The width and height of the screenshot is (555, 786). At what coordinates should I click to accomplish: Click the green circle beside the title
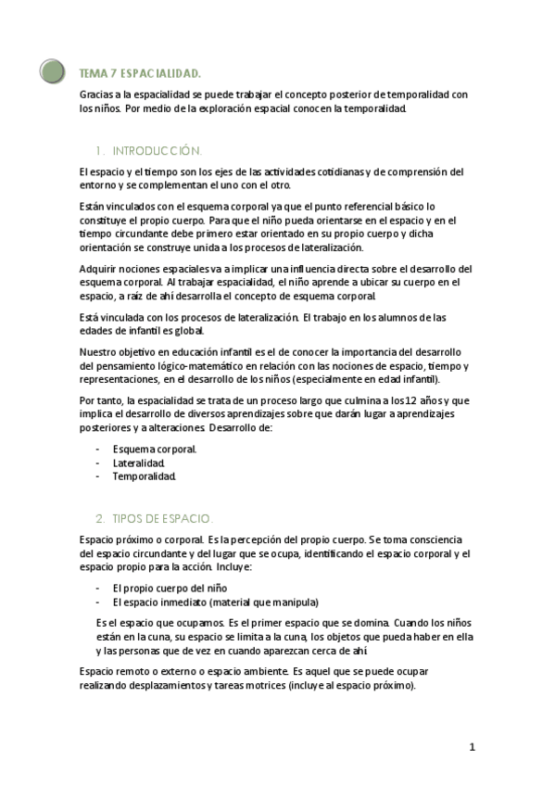coord(53,70)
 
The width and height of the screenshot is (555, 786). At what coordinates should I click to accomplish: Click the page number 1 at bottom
coord(472,747)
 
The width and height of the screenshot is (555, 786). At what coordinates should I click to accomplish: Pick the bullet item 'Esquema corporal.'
coord(155,449)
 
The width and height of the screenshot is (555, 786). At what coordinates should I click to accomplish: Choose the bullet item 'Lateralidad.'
coord(139,463)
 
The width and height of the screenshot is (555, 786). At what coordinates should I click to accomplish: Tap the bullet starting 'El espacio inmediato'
coord(215,602)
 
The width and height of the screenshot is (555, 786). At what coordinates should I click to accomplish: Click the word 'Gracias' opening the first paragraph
coord(97,95)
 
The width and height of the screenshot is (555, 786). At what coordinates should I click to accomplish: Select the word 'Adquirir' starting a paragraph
coord(101,269)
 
